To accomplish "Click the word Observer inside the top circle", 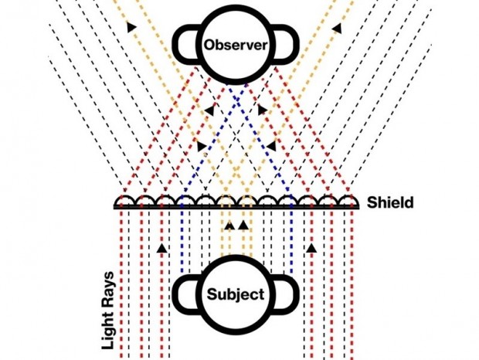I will (236, 46).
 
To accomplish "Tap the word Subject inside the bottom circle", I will (236, 294).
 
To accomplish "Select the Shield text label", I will (391, 203).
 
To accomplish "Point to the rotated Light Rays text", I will (110, 309).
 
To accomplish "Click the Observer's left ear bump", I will (184, 45).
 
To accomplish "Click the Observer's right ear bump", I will (287, 45).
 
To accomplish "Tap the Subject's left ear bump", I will (184, 294).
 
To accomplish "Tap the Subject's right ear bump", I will (287, 294).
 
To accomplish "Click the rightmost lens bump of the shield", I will (348, 201).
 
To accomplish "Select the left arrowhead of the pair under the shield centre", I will (229, 226).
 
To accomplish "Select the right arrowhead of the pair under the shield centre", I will (243, 226).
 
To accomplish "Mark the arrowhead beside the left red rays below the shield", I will (161, 248).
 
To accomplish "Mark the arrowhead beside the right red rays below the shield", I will (311, 248).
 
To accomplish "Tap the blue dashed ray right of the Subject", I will (290, 239).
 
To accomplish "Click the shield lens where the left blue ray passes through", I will (186, 201).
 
